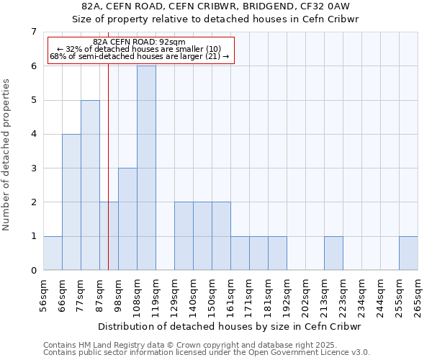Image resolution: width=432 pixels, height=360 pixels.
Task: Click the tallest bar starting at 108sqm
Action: tap(146, 168)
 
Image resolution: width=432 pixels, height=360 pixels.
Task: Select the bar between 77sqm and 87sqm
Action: tap(90, 185)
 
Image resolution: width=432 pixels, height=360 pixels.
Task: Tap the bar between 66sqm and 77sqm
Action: tap(71, 202)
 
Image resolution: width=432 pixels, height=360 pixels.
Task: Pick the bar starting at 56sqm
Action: tap(53, 253)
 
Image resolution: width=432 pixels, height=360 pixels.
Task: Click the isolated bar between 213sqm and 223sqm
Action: tap(333, 253)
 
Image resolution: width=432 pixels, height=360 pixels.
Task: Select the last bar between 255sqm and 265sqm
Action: tap(408, 253)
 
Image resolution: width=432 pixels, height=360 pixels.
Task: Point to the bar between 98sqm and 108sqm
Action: tap(127, 219)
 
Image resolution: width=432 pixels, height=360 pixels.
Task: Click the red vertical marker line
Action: tap(108, 180)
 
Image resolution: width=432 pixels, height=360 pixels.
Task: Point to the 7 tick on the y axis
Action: tap(33, 32)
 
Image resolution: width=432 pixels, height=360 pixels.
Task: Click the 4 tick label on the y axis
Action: tap(33, 134)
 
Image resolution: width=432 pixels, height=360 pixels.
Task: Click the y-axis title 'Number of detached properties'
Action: tap(6, 154)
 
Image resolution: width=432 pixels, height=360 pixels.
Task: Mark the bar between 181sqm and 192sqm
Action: tap(277, 253)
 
